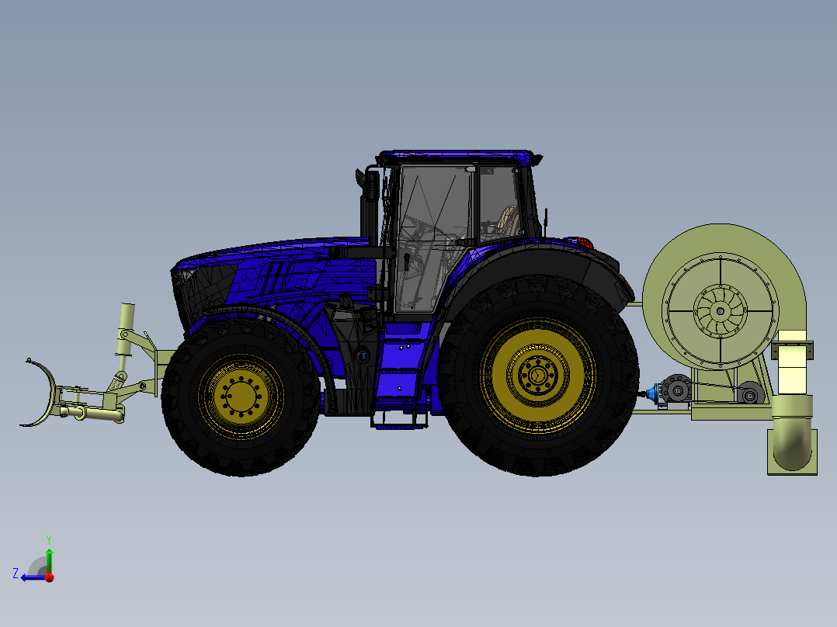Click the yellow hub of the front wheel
tap(240, 396)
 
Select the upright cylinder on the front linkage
tap(126, 326)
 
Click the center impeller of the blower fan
tap(720, 311)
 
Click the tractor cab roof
tap(458, 158)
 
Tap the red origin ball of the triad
tap(49, 577)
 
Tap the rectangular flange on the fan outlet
tap(793, 351)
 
